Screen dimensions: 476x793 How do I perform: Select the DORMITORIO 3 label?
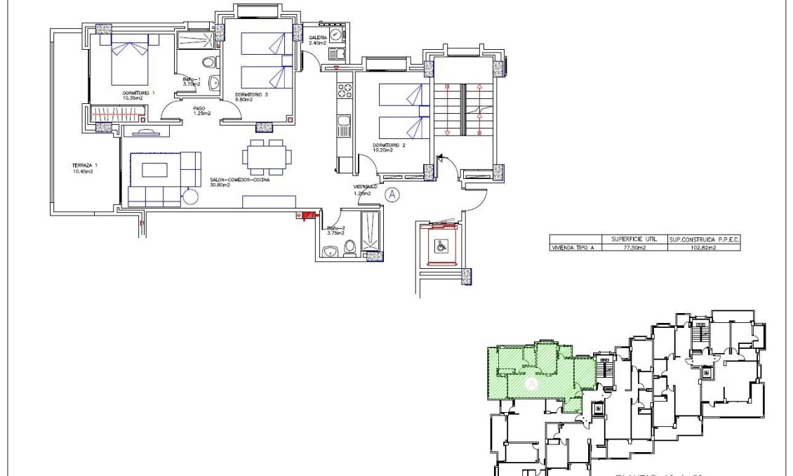(252, 95)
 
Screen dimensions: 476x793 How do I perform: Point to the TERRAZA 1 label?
(84, 166)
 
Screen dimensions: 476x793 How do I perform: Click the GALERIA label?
(318, 38)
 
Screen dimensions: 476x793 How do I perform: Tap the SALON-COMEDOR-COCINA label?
(239, 179)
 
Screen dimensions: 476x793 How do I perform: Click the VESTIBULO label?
(365, 187)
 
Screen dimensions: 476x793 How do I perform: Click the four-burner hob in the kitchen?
(345, 92)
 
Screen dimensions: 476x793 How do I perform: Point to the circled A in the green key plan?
(531, 384)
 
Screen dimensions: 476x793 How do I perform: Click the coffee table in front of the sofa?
(154, 169)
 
